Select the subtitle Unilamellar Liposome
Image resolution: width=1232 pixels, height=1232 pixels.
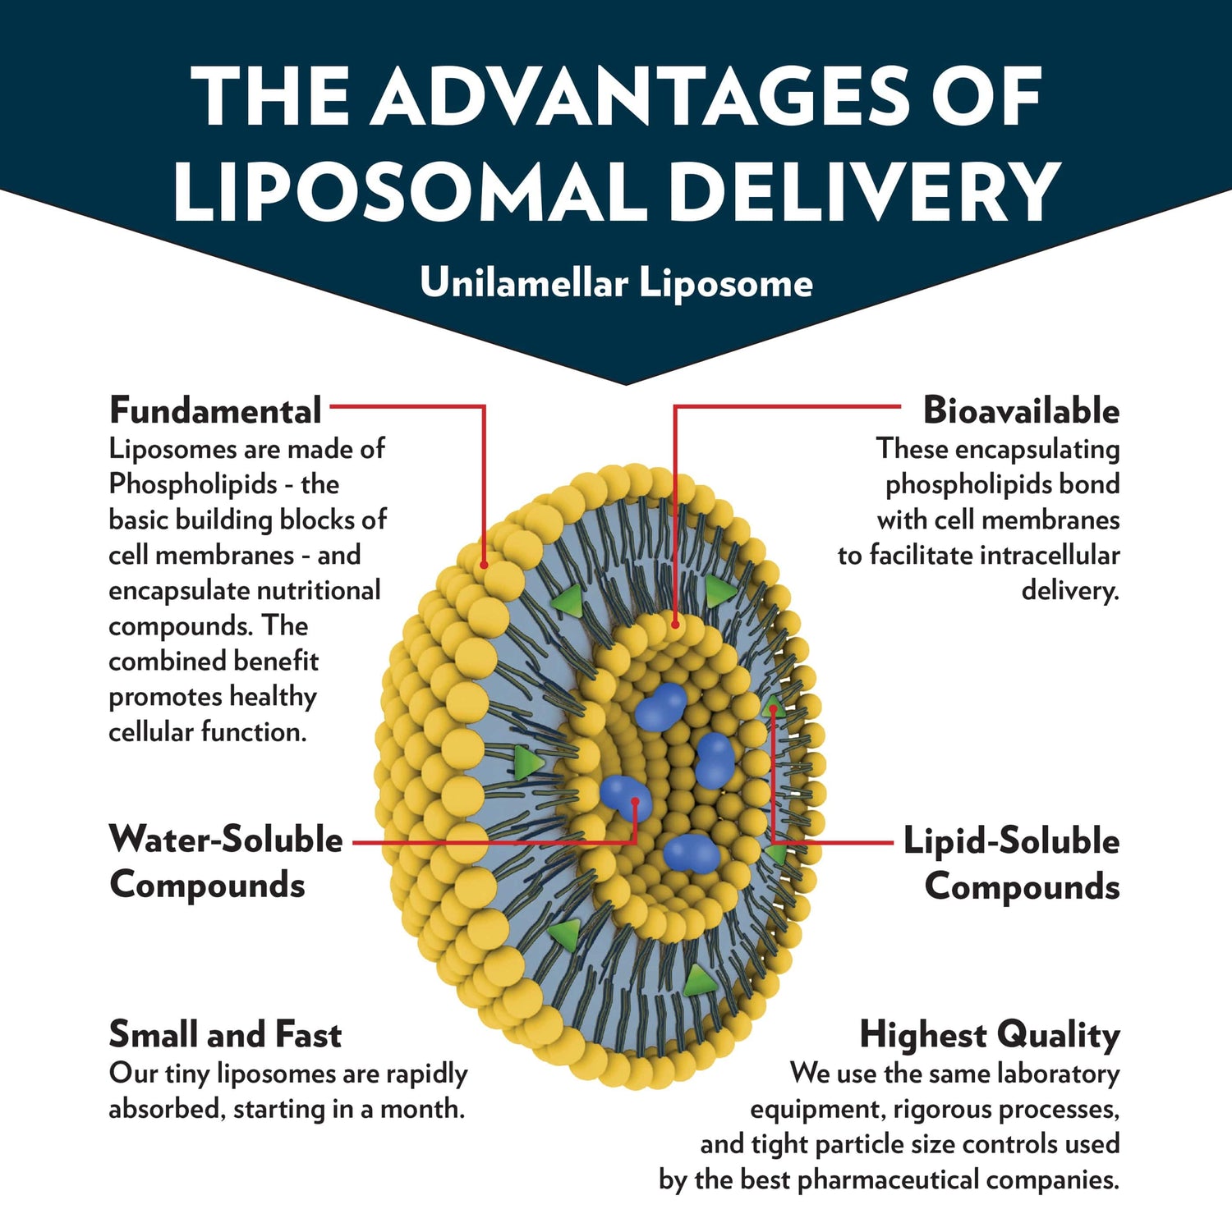[x=616, y=283]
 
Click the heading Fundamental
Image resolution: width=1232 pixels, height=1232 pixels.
[x=215, y=410]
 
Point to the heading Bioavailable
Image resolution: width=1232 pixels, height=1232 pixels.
[x=1021, y=410]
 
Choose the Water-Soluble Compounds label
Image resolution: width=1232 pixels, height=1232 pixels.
[x=225, y=862]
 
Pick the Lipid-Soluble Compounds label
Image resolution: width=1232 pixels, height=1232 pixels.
[x=1012, y=863]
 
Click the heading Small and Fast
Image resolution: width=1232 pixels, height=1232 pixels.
[x=225, y=1034]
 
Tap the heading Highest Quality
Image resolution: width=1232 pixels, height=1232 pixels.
[x=990, y=1034]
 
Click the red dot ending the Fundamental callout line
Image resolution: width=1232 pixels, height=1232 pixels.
[x=485, y=566]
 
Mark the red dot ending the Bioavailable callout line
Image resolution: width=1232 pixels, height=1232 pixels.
[x=675, y=625]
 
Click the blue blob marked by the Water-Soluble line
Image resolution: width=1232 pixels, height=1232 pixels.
[x=626, y=795]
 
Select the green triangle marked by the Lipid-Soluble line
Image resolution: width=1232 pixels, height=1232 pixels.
[x=772, y=707]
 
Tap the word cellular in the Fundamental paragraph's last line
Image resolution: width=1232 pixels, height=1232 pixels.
[x=152, y=732]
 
